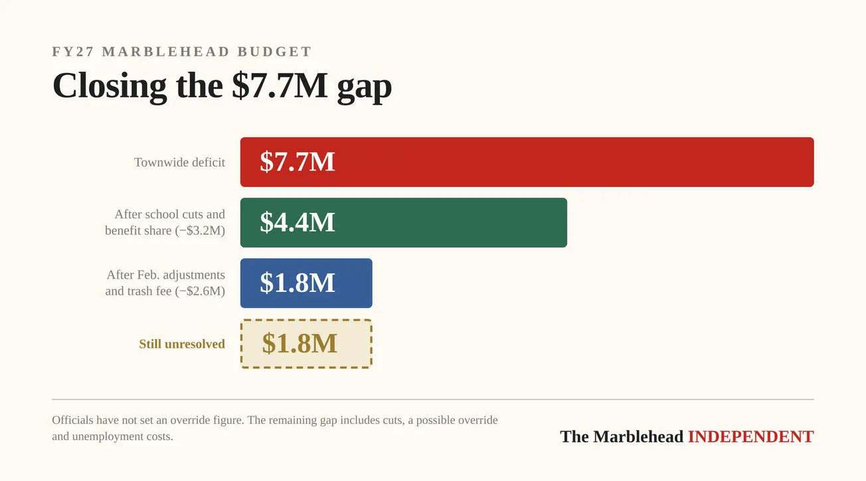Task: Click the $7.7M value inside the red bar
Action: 297,162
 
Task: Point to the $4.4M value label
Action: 297,222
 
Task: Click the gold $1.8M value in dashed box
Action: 299,344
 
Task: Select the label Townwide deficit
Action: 179,163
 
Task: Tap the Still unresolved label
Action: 181,344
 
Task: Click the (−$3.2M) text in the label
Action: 200,231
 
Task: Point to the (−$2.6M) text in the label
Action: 200,291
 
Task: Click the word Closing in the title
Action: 109,86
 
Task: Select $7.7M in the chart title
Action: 279,86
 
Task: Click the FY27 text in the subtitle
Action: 72,52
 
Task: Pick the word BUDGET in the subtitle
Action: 280,52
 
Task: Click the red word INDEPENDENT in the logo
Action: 750,437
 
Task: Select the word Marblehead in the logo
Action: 638,437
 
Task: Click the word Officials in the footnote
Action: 72,421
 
